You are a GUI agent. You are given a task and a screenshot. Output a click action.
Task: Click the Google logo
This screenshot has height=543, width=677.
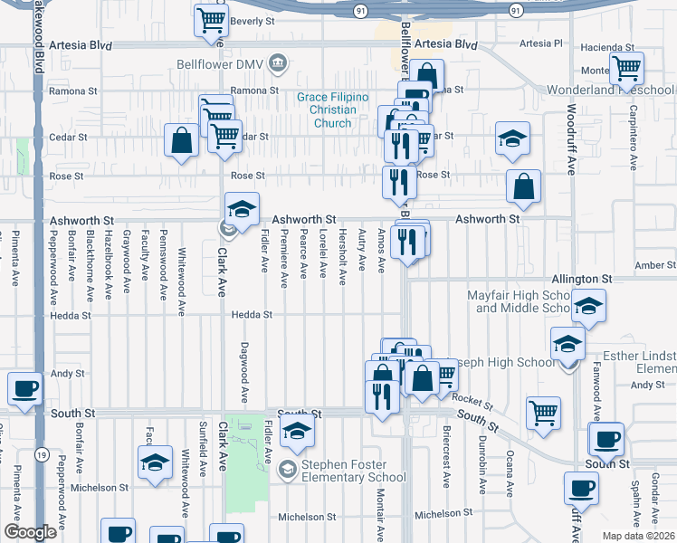pyautogui.click(x=30, y=532)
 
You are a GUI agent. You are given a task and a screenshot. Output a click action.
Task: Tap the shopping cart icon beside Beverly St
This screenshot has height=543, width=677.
pyautogui.click(x=211, y=19)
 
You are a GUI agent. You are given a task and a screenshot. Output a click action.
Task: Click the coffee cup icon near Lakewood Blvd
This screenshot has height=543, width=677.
pyautogui.click(x=25, y=388)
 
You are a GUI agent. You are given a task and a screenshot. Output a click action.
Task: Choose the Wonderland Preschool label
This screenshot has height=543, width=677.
pyautogui.click(x=611, y=90)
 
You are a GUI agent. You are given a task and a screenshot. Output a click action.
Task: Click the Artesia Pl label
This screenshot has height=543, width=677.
pyautogui.click(x=544, y=43)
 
